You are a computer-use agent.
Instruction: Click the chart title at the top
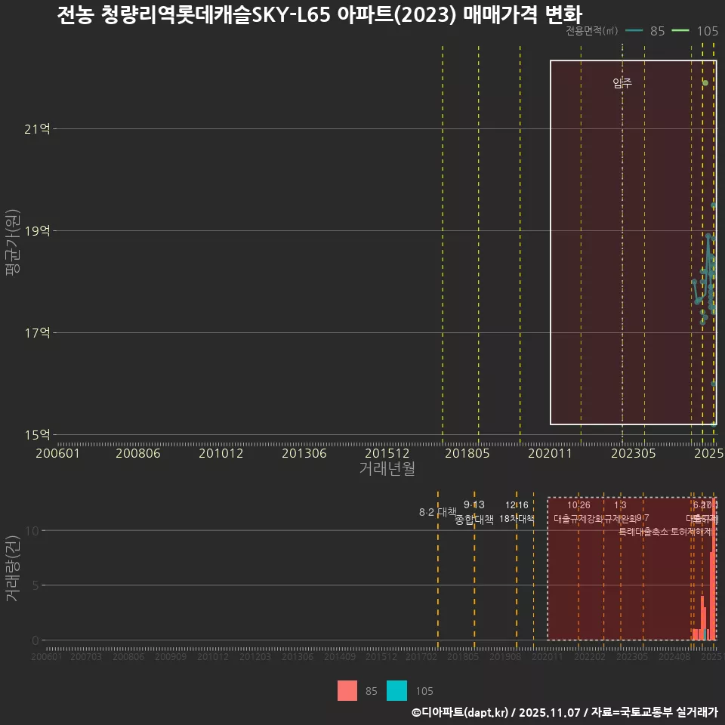[x=320, y=15]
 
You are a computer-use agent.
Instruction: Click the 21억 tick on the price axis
[x=37, y=129]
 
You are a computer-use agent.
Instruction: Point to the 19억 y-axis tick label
[x=37, y=231]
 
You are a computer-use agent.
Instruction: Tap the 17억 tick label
[x=37, y=333]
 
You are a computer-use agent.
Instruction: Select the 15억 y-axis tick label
[x=37, y=435]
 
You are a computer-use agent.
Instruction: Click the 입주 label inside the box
[x=622, y=84]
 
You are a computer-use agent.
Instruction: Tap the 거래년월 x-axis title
[x=387, y=469]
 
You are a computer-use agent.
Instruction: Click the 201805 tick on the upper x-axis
[x=466, y=453]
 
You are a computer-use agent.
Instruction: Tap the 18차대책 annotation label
[x=517, y=519]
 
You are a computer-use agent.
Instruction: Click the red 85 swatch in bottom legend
[x=347, y=691]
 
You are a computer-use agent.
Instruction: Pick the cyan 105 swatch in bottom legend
[x=397, y=691]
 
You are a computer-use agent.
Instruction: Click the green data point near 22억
[x=705, y=83]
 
